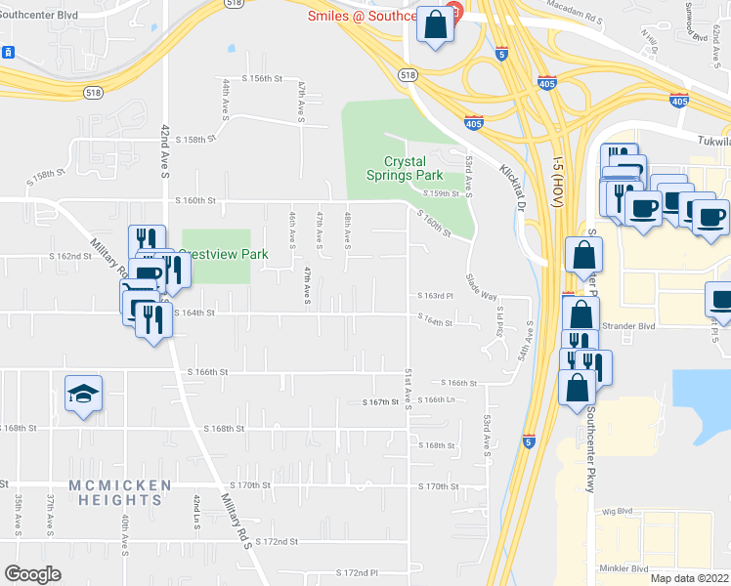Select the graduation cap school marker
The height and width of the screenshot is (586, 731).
pos(83,395)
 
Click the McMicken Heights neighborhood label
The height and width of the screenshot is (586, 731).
pos(120,492)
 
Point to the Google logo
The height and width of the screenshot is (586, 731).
pos(32,573)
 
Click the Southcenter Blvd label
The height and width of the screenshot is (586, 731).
pos(39,16)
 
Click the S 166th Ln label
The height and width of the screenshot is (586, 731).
pos(437,400)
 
